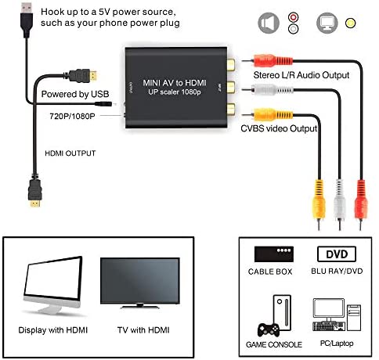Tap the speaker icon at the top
tap(269, 23)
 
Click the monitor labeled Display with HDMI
tap(55, 286)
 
